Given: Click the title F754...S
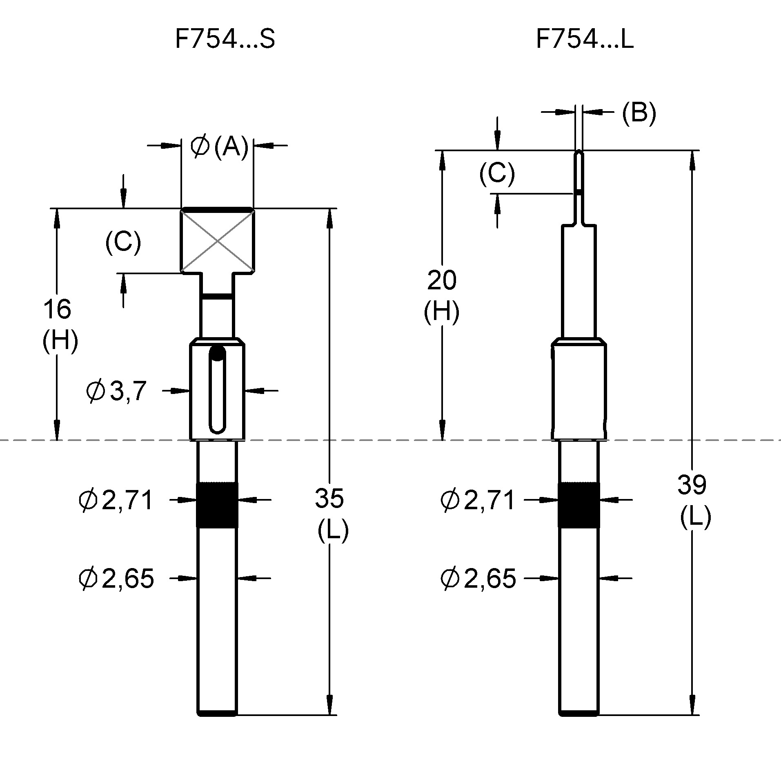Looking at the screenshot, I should click(225, 40).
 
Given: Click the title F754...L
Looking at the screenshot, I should click(584, 40).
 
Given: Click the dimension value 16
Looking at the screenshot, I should click(57, 309).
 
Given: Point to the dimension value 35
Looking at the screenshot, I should click(329, 498).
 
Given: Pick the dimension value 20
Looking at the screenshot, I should click(442, 280).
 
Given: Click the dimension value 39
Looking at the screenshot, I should click(692, 485).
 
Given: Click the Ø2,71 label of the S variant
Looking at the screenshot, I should click(116, 500).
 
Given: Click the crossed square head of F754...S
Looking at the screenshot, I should click(217, 241).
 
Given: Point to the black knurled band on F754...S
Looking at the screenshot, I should click(217, 505).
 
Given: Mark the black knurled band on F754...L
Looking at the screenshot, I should click(579, 505).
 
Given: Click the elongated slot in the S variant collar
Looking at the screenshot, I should click(217, 390).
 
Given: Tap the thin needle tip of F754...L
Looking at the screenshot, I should click(579, 172).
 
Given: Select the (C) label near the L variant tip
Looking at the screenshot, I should click(497, 173).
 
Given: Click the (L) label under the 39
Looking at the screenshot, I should click(695, 517).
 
